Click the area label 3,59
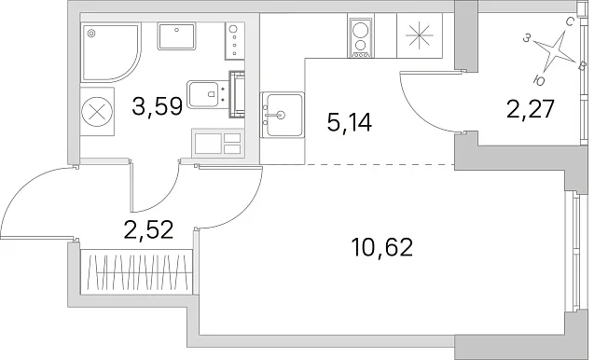[157, 106]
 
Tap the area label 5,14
[350, 122]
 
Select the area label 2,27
[531, 109]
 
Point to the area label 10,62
[381, 247]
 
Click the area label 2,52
[148, 229]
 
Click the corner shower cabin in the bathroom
[111, 52]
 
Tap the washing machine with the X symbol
[97, 112]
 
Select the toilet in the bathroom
[210, 94]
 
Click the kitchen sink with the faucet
[282, 115]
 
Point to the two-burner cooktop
[360, 38]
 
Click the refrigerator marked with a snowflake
[419, 35]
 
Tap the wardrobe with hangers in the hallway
[136, 271]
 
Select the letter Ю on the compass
[539, 80]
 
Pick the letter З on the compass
[526, 38]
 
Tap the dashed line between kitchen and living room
[380, 165]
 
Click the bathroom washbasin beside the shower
[176, 36]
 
